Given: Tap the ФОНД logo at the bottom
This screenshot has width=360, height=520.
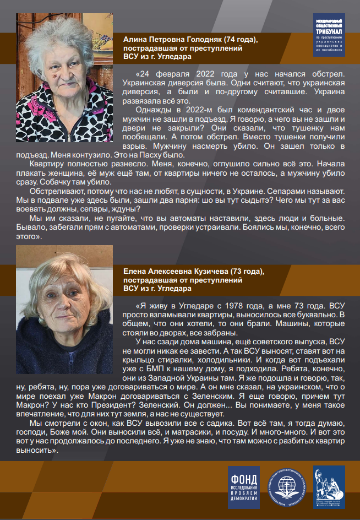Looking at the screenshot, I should [243, 487].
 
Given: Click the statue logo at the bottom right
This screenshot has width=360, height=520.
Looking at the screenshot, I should [329, 487].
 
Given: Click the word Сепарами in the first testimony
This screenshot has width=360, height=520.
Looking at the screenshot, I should [287, 191].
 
